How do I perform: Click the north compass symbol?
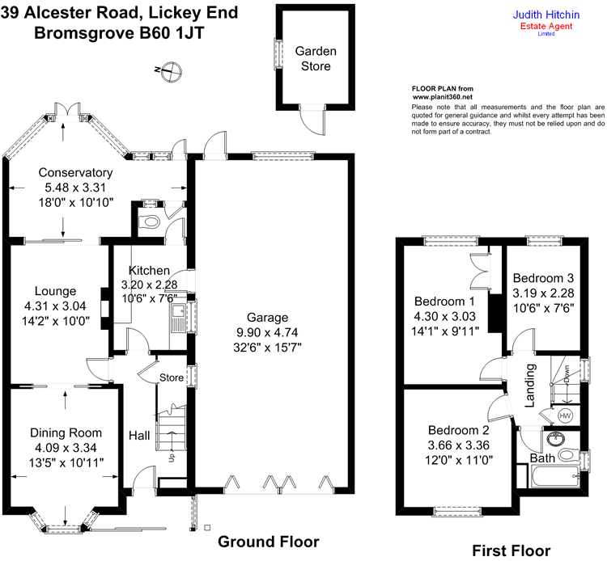coord(171,71)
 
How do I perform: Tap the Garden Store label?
coord(316,58)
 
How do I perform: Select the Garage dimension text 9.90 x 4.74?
coord(267,332)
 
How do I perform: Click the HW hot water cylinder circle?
coord(565,416)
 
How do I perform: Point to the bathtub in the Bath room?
coord(555,477)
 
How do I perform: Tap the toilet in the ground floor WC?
coord(150,222)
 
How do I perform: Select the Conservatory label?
coord(75,172)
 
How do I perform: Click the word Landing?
coord(529,386)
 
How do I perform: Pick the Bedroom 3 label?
coord(543,278)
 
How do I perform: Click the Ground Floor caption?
coord(269,542)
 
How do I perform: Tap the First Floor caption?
coord(511,550)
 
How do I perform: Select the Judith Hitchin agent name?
coord(545,15)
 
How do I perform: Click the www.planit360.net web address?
coord(443,97)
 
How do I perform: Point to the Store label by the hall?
coord(172,378)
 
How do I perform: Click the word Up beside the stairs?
coord(172,458)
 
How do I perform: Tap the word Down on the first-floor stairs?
coord(567,374)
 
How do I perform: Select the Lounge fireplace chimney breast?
coord(105,308)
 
